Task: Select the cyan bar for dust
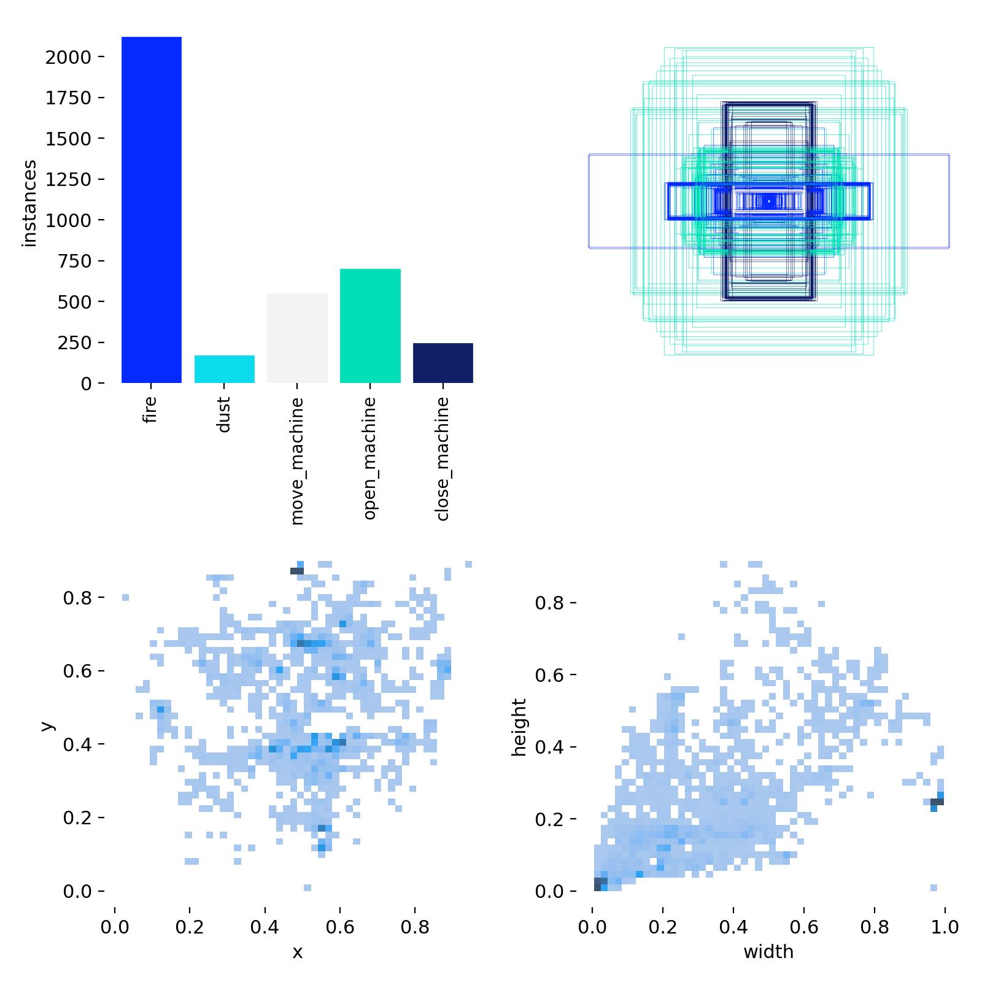point(224,369)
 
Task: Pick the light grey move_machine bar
point(297,338)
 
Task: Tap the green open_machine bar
point(370,326)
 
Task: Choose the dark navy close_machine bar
point(443,363)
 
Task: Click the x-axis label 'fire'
point(150,409)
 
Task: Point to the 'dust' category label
point(223,414)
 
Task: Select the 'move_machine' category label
point(297,461)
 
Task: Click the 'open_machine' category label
point(369,458)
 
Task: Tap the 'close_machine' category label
point(443,459)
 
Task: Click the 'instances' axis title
point(29,203)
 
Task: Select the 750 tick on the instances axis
point(75,261)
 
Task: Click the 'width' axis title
point(768,952)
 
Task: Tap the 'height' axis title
point(519,727)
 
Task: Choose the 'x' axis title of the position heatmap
point(298,952)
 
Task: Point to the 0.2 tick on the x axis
point(190,927)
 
